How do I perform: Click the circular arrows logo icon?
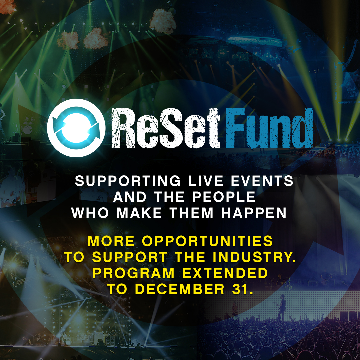(x=76, y=128)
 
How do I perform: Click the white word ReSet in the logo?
(x=166, y=128)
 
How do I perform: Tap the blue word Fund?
(x=269, y=128)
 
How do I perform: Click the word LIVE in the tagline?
(x=206, y=181)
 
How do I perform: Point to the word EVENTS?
(x=262, y=181)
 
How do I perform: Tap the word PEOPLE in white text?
(x=224, y=197)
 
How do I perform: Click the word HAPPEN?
(x=254, y=213)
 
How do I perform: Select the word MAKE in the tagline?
(x=139, y=213)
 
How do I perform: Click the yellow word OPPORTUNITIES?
(x=207, y=241)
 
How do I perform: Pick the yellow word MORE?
(x=111, y=241)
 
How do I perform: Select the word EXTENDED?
(x=225, y=273)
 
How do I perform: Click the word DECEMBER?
(x=179, y=289)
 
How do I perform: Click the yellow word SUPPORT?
(x=130, y=257)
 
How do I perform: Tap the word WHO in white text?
(x=90, y=213)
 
